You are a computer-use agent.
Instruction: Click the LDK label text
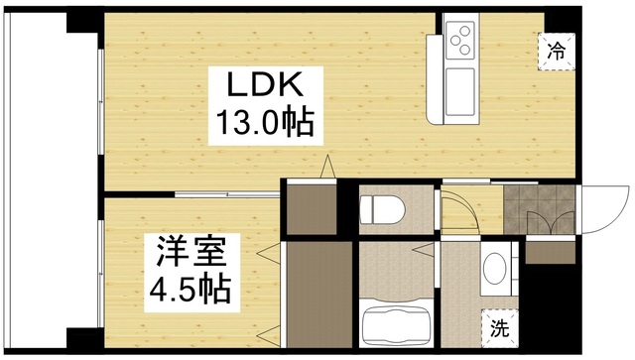click(265, 84)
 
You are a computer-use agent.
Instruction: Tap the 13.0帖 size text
click(265, 121)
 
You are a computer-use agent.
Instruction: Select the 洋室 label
click(191, 252)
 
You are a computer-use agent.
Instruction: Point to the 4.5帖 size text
click(190, 290)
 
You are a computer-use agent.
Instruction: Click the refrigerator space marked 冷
click(557, 52)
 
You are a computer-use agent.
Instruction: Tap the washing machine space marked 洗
click(500, 328)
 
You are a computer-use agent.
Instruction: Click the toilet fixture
click(383, 209)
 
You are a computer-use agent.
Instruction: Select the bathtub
click(395, 324)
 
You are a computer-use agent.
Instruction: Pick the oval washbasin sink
click(495, 268)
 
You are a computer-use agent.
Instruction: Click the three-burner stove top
click(460, 40)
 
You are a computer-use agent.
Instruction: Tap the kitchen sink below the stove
click(460, 91)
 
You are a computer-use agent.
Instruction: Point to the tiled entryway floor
click(539, 209)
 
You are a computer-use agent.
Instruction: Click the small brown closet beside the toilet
click(312, 209)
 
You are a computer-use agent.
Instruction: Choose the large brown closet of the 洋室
click(319, 295)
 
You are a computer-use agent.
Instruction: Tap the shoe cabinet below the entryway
click(551, 253)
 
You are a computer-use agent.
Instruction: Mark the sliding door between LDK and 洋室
click(227, 194)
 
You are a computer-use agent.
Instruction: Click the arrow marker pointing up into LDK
click(327, 166)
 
